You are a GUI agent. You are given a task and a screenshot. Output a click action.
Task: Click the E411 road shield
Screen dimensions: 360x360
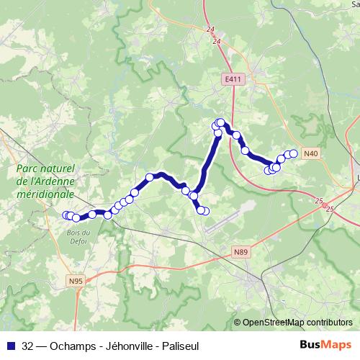(232, 79)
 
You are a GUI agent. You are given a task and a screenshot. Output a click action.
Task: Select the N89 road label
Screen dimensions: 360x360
(240, 251)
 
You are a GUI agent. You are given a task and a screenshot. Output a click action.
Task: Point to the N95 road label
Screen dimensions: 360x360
(76, 281)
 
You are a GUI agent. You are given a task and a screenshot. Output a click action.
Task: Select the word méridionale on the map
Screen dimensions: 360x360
(45, 194)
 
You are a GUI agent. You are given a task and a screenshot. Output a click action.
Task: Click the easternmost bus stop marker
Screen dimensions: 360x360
(293, 153)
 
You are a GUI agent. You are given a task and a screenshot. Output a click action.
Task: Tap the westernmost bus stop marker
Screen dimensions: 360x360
(66, 215)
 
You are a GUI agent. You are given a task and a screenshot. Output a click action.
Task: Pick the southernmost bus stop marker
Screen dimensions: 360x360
(204, 211)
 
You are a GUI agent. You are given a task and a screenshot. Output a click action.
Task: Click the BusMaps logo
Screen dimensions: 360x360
(325, 343)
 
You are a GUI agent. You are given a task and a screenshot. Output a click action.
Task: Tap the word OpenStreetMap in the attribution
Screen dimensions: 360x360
(274, 323)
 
